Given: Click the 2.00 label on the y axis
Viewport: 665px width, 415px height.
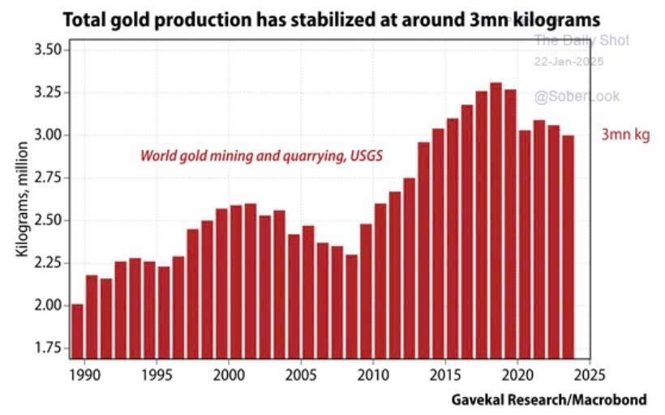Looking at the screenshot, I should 46,306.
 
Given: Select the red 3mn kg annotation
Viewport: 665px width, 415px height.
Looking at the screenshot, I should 625,135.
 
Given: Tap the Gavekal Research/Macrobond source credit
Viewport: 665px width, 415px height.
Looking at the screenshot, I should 549,400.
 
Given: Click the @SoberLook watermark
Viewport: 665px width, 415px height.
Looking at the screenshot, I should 576,96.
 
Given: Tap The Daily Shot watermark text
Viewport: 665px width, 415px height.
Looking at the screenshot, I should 581,41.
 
